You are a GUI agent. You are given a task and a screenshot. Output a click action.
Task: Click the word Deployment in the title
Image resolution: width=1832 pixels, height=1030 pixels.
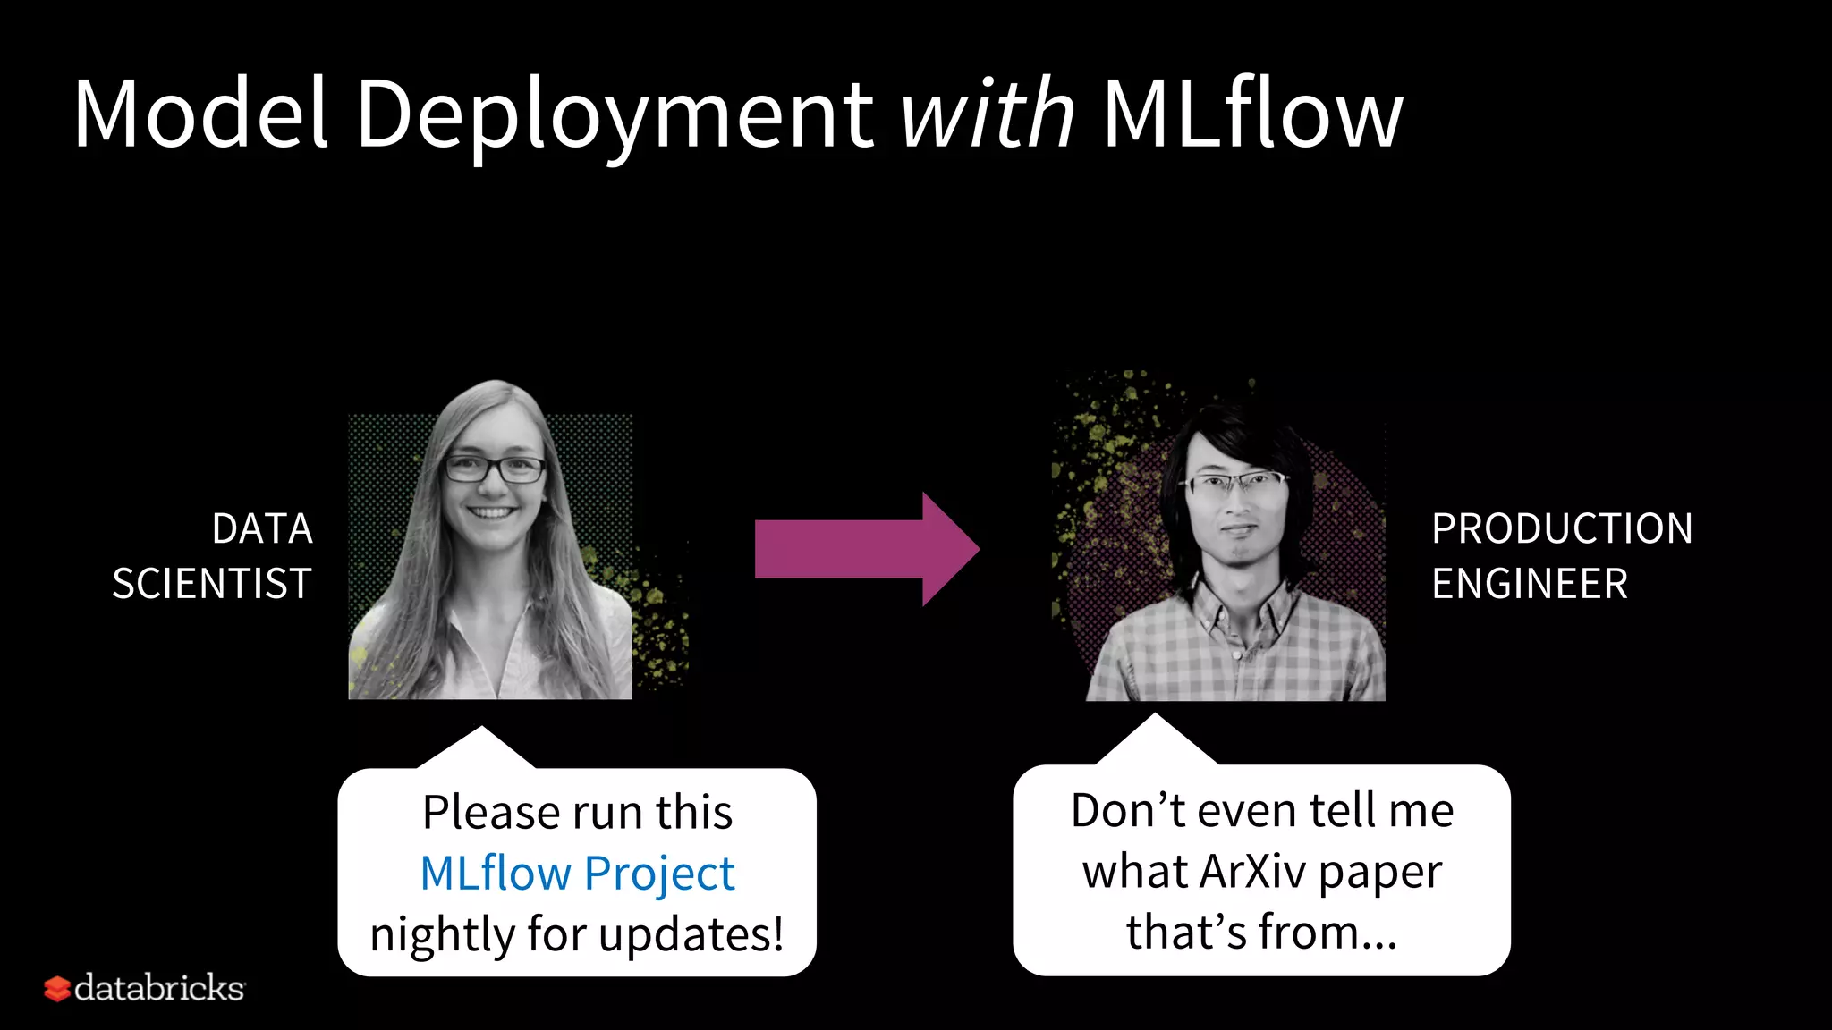click(x=615, y=114)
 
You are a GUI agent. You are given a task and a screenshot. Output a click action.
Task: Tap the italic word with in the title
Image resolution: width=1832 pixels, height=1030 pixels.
click(x=987, y=114)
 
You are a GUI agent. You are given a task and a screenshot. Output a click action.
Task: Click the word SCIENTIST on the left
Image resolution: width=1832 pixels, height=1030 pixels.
click(x=212, y=584)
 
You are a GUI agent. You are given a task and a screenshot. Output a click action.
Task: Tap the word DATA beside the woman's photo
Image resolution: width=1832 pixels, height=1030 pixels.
click(x=262, y=528)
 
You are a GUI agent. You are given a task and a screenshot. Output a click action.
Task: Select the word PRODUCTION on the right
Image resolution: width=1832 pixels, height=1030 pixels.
click(x=1562, y=528)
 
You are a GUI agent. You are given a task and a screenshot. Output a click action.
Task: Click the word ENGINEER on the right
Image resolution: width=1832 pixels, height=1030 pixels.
click(x=1530, y=584)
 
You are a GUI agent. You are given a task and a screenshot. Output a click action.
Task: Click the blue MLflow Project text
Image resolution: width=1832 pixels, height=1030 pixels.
click(x=577, y=874)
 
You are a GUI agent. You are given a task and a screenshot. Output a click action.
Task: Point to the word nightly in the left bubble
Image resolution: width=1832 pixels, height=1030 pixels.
click(x=442, y=934)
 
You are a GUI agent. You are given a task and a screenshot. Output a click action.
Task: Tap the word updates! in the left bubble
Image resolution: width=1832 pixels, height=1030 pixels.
click(x=691, y=934)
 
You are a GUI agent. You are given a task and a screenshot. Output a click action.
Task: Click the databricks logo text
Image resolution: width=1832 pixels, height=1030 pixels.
click(x=159, y=988)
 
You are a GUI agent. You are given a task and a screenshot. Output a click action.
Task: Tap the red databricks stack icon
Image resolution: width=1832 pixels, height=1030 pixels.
click(x=56, y=988)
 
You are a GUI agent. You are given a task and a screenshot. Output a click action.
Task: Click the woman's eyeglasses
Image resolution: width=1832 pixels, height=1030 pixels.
click(x=495, y=468)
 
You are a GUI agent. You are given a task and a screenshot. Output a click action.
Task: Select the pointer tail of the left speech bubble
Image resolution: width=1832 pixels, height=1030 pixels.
click(x=480, y=747)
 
